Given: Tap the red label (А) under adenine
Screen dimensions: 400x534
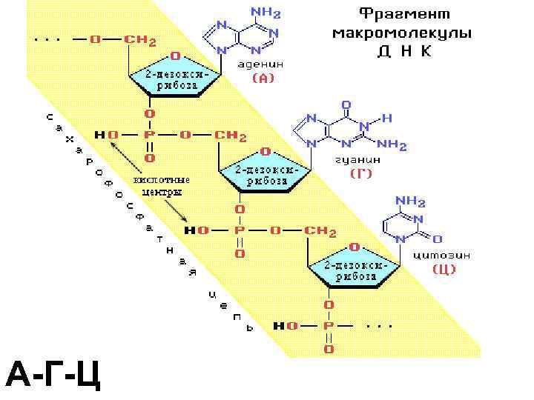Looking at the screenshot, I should (263, 78).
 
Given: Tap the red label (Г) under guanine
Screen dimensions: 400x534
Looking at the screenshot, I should (361, 173).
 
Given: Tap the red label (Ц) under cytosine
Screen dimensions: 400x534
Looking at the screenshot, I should (444, 270).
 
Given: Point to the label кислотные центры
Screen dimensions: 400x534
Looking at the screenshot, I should (160, 185).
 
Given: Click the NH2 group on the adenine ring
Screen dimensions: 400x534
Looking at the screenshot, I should (266, 13).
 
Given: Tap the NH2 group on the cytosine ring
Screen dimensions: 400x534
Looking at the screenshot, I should (410, 201).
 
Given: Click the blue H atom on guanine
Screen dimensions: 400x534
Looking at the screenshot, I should (386, 117).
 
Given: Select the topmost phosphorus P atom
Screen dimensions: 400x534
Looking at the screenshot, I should (149, 136).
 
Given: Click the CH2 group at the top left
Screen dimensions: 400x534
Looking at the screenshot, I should (139, 39).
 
